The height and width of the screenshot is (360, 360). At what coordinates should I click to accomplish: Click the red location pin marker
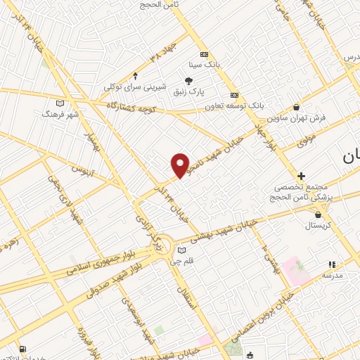(181, 166)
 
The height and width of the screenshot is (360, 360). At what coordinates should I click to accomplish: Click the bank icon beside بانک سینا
(204, 54)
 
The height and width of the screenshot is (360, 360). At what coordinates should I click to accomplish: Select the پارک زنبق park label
(188, 91)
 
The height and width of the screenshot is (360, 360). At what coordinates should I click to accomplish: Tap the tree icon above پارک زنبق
(188, 81)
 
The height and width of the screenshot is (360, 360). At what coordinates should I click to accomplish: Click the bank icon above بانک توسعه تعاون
(234, 96)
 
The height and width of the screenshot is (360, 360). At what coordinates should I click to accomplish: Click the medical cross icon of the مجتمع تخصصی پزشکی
(301, 176)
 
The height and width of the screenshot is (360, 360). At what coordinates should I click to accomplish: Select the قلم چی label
(183, 261)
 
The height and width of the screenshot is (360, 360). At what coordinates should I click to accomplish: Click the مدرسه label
(332, 276)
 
